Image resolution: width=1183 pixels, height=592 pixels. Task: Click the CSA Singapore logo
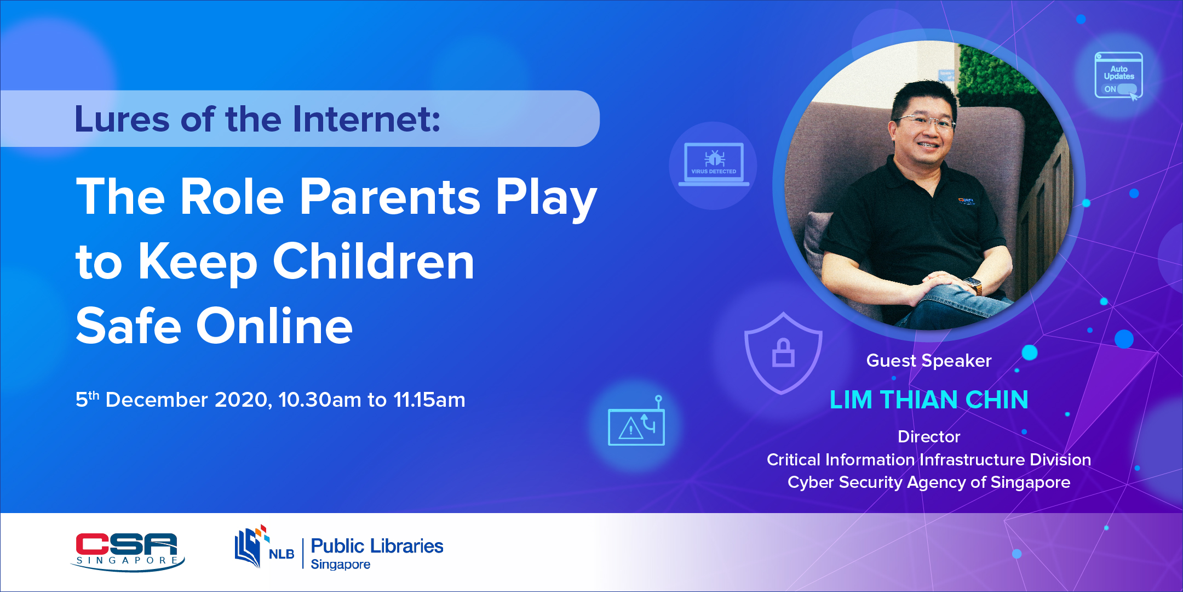(x=128, y=551)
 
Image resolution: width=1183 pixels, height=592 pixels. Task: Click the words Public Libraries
(x=377, y=546)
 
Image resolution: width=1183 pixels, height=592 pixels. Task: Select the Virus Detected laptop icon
(x=714, y=164)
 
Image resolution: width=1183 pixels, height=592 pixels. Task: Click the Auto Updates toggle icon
(x=1118, y=76)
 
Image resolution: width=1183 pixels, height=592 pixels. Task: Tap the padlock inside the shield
(x=783, y=352)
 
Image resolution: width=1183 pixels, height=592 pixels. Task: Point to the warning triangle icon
(x=630, y=428)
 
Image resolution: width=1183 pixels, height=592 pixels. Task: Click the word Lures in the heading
(x=122, y=119)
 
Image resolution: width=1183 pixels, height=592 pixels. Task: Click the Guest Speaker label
(x=929, y=361)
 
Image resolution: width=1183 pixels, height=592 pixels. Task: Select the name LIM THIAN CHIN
(x=929, y=400)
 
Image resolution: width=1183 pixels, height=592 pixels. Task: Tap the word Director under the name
(x=929, y=436)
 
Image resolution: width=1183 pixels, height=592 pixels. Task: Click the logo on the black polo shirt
(x=966, y=201)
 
